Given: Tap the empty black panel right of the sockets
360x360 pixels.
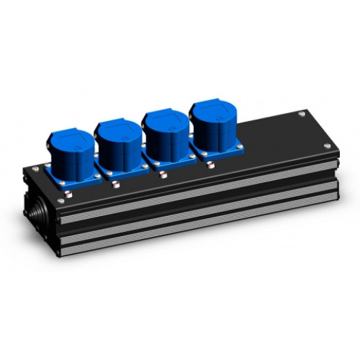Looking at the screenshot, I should pos(277,135).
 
